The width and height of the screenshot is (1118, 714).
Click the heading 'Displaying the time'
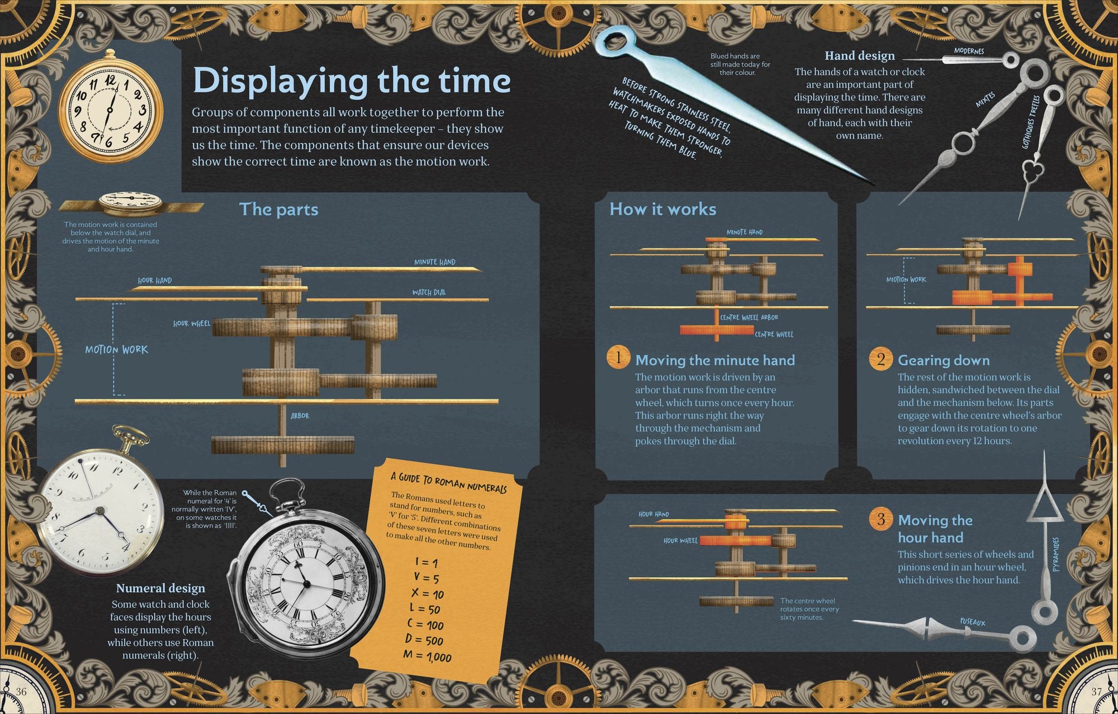point(351,82)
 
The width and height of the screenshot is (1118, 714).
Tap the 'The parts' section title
point(278,210)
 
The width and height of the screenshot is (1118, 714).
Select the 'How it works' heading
point(662,210)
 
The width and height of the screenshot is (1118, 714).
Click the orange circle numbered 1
point(618,358)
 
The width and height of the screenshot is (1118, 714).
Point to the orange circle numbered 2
point(881,359)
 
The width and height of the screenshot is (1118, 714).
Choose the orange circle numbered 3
point(881,520)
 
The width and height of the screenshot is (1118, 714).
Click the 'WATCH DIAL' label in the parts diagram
point(429,292)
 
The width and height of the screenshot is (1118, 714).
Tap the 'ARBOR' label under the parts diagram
point(300,416)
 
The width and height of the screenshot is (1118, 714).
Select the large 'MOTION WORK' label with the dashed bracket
point(116,350)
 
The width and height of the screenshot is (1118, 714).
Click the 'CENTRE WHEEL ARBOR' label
point(749,317)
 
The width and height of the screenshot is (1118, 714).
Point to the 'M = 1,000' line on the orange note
point(427,656)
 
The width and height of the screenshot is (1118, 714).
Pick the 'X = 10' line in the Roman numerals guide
point(427,593)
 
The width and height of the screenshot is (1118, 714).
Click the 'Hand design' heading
point(860,56)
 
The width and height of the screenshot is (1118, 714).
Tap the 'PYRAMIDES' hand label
point(1055,554)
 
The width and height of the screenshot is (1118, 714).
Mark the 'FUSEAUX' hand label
point(973,622)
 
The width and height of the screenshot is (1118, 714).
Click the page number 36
point(21,692)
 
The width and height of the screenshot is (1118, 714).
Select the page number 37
point(1097,692)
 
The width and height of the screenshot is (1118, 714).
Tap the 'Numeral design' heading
point(160,588)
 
